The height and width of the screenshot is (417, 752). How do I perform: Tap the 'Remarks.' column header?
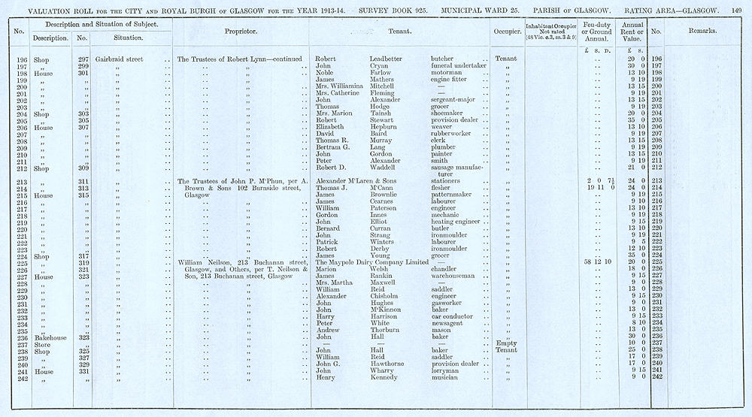pyautogui.click(x=702, y=32)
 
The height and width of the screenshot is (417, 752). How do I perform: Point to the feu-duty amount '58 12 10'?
pyautogui.click(x=599, y=261)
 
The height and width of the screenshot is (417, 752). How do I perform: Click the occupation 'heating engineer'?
pyautogui.click(x=460, y=222)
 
